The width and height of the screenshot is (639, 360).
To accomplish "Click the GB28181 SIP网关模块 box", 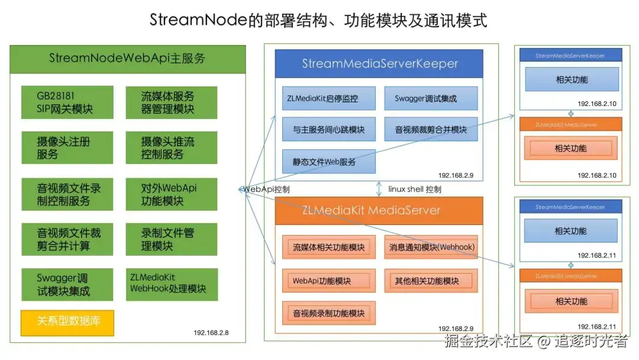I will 66,102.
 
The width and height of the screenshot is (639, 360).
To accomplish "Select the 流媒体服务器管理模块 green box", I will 170,102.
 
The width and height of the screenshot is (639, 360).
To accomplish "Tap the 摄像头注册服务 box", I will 66,147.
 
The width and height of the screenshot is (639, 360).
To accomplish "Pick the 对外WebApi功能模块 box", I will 170,194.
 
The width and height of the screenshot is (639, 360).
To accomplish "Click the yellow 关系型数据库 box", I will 66,322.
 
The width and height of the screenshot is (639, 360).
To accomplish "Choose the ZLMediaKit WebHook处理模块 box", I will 170,284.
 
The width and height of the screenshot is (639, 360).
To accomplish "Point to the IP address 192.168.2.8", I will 211,333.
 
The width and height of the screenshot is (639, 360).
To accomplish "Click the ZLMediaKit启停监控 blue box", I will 328,98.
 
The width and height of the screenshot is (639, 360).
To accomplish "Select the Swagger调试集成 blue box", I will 431,98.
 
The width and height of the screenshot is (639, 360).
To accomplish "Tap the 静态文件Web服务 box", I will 328,161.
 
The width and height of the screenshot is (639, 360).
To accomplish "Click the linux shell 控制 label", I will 415,189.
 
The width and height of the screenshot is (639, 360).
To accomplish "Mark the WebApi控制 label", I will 266,189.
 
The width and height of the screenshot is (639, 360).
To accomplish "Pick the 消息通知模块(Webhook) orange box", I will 431,247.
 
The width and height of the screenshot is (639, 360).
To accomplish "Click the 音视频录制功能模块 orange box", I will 328,313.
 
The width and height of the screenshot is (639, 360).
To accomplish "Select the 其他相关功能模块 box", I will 431,280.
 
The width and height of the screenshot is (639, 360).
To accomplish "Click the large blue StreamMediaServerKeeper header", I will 379,63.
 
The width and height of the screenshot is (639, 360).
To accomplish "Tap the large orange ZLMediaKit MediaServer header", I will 379,210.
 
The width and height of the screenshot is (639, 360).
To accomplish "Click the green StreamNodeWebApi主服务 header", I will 127,59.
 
